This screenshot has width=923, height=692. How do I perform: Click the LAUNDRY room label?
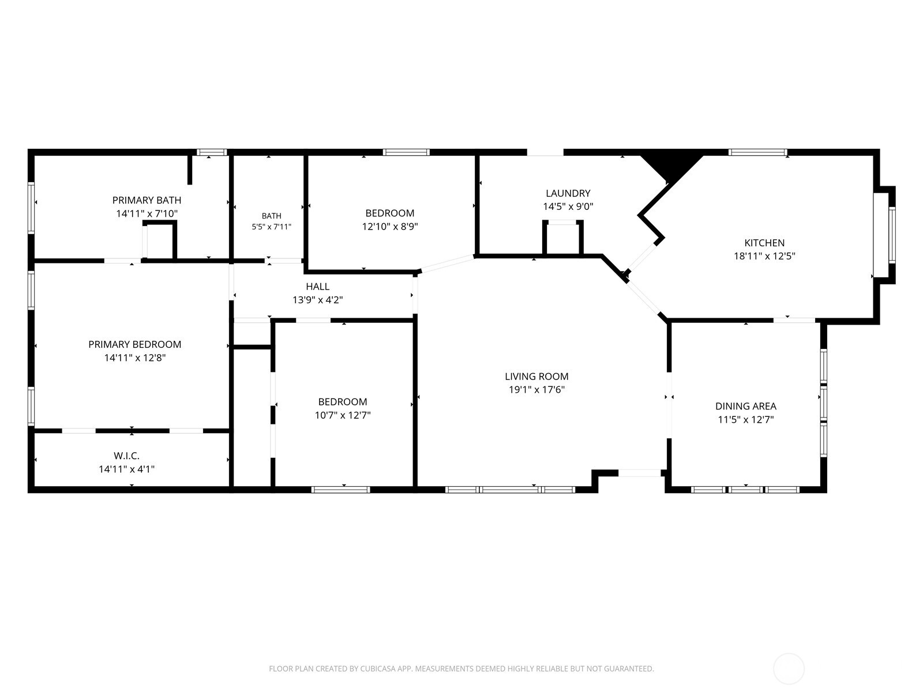(x=568, y=193)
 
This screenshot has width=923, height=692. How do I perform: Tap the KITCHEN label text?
(x=764, y=243)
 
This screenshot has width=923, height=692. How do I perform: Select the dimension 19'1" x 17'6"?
(x=536, y=389)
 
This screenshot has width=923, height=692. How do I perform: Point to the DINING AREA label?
(x=745, y=407)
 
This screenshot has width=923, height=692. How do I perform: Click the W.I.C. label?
(x=126, y=456)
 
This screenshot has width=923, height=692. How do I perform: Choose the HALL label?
(x=317, y=287)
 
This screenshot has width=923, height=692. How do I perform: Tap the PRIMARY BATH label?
(x=147, y=200)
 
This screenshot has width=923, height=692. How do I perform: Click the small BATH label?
(x=271, y=216)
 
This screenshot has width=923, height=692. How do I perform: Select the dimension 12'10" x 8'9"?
(x=390, y=227)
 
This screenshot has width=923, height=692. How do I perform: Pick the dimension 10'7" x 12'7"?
(x=342, y=416)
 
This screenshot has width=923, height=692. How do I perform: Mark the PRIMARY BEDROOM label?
(x=134, y=344)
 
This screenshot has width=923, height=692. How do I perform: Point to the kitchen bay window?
(x=884, y=235)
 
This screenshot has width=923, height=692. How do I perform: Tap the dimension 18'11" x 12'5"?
(x=764, y=256)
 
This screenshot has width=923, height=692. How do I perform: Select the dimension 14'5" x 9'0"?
(x=568, y=206)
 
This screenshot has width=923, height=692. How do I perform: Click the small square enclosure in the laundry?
(x=562, y=238)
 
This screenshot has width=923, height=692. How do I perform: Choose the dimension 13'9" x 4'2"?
(x=317, y=300)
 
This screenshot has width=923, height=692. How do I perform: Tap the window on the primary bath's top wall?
(x=212, y=152)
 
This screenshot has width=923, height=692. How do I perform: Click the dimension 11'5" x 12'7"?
(x=745, y=420)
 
